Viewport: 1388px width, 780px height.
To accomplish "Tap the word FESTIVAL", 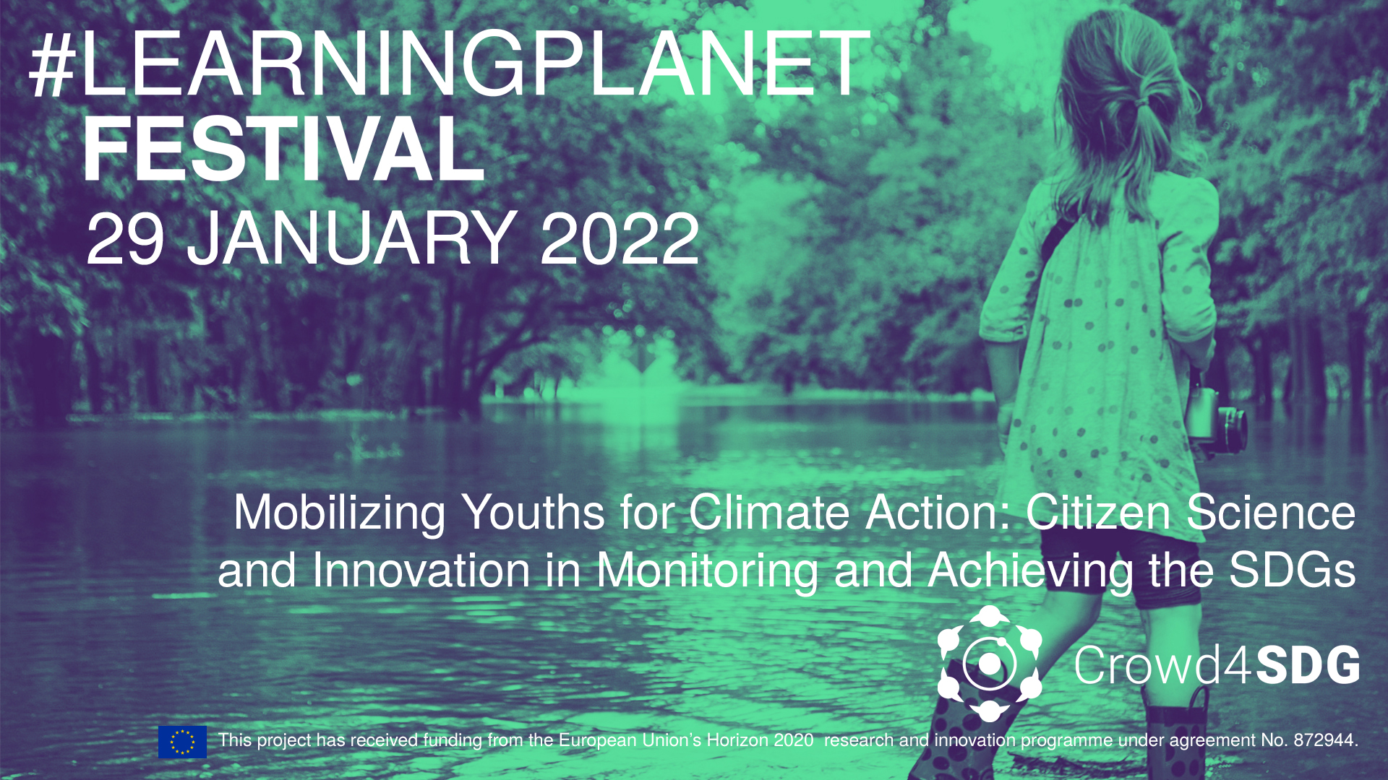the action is pos(283,149).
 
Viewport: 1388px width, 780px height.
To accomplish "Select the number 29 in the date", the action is pos(125,239).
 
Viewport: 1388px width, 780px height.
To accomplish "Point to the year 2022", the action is pos(620,239).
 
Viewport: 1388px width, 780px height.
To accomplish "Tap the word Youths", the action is pos(534,513).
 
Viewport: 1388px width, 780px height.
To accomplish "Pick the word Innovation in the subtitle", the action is pos(422,571).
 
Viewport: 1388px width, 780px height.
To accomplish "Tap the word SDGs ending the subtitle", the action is pos(1292,571).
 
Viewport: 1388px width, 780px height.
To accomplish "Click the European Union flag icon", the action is pos(182,742).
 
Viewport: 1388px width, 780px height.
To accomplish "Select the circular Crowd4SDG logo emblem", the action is pos(990,663).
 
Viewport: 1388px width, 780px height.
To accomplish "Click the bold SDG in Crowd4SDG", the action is pos(1308,664).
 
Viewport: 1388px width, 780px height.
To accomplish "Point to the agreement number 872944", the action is pos(1326,740).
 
